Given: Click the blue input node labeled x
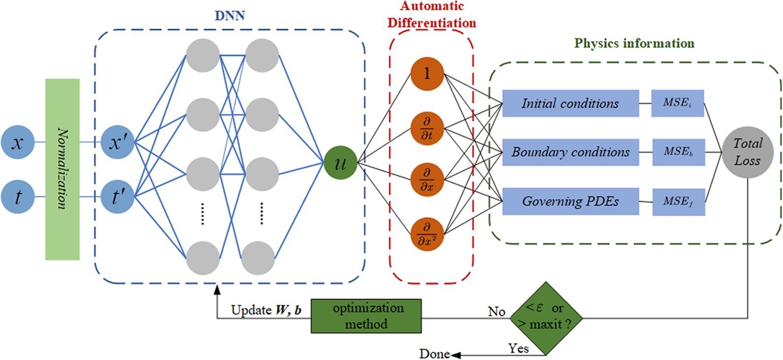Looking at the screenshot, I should pos(18,142).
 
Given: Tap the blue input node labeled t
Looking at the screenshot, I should pos(18,197).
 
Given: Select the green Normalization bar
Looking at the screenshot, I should pos(62,169).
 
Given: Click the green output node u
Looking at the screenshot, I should pos(341,163).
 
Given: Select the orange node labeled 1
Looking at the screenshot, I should pos(427,74).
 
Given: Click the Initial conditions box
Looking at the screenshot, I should pos(570,103).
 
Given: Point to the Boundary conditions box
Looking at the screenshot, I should pos(570,152).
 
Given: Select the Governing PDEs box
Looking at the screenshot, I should pos(570,202).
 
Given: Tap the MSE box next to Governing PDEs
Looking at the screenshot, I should pos(678,202).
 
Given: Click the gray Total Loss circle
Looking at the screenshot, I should pos(747,152).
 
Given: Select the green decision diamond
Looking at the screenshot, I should pos(546,318).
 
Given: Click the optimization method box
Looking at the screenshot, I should pos(366,316).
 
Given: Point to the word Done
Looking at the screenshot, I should pos(434,354).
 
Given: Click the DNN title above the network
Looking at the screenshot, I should pos(230,15).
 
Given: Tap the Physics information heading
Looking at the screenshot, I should pos(634,43).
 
